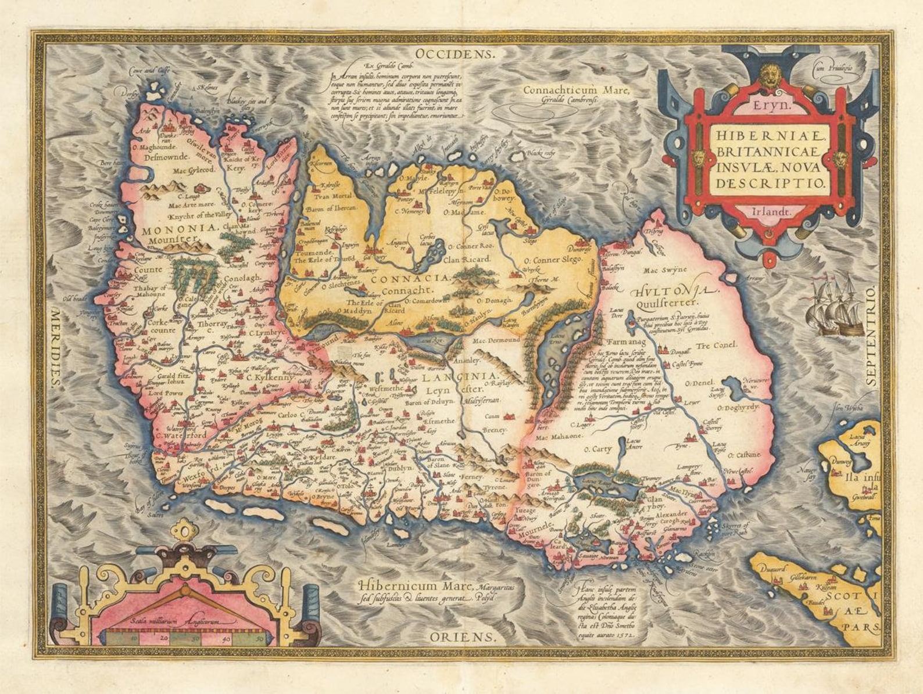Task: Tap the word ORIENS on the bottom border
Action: tap(463, 637)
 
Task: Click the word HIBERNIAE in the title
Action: tap(770, 136)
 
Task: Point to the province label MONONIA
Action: tap(170, 228)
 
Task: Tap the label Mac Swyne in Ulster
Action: tap(665, 269)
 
